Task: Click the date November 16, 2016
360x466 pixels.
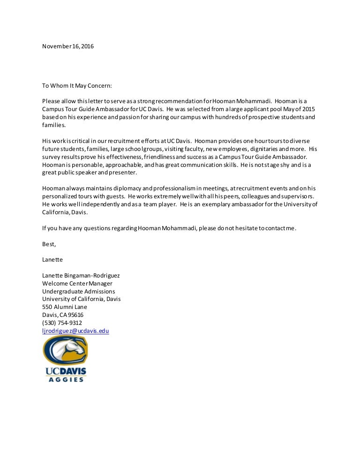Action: (68, 46)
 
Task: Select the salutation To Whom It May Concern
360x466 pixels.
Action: (77, 86)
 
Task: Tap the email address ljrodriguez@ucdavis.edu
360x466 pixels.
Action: (75, 331)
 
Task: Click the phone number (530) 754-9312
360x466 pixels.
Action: (62, 323)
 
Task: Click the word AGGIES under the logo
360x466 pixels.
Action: (66, 379)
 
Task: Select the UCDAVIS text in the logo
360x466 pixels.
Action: (66, 371)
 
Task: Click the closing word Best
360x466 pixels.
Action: (49, 244)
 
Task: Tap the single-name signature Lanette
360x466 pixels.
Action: (52, 259)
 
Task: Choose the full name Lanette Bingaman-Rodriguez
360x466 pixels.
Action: (84, 275)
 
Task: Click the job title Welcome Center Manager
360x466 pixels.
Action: (77, 283)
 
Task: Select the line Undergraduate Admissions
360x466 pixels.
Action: (78, 291)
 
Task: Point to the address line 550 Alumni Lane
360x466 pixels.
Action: (65, 307)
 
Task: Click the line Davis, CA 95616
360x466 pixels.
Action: (63, 315)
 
